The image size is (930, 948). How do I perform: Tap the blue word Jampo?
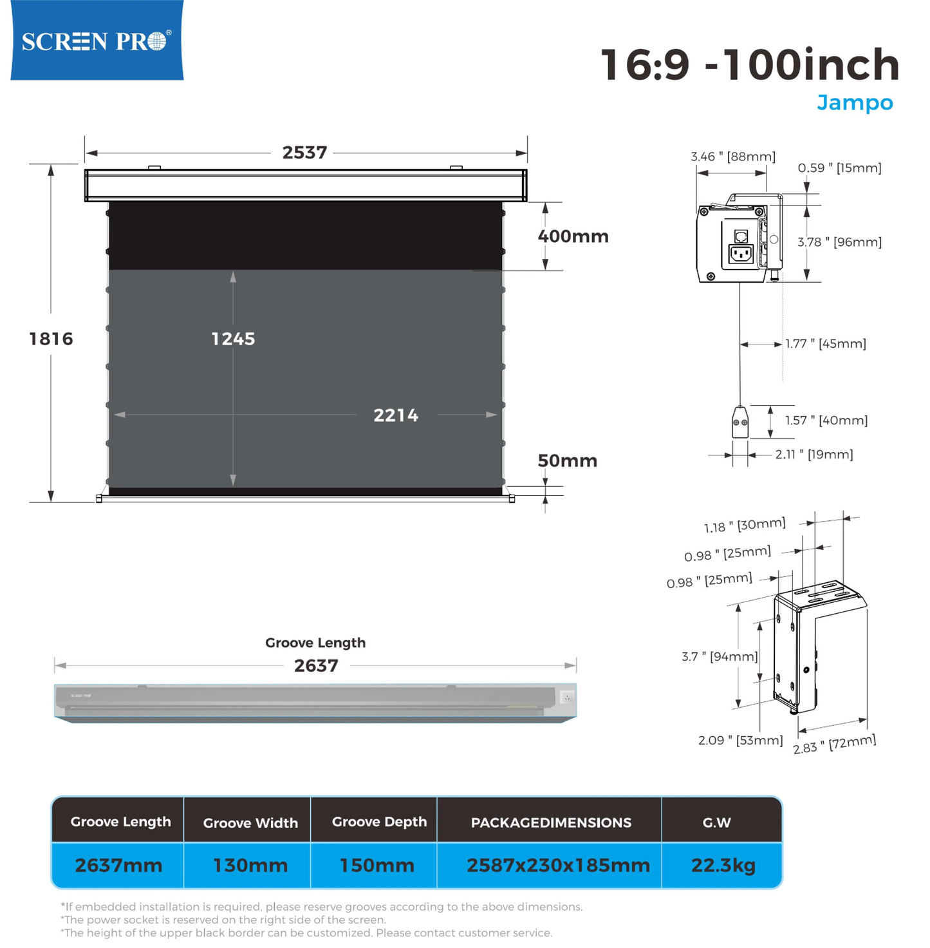tap(854, 103)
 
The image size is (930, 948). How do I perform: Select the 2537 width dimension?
tap(304, 153)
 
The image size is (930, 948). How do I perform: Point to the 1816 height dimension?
tap(51, 339)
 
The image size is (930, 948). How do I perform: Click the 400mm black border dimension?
tap(573, 236)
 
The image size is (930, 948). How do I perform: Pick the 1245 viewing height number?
tap(233, 339)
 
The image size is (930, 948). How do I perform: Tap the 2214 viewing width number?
tap(396, 415)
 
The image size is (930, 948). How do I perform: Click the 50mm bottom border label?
tap(567, 460)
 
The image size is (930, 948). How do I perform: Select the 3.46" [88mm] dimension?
tap(733, 156)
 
